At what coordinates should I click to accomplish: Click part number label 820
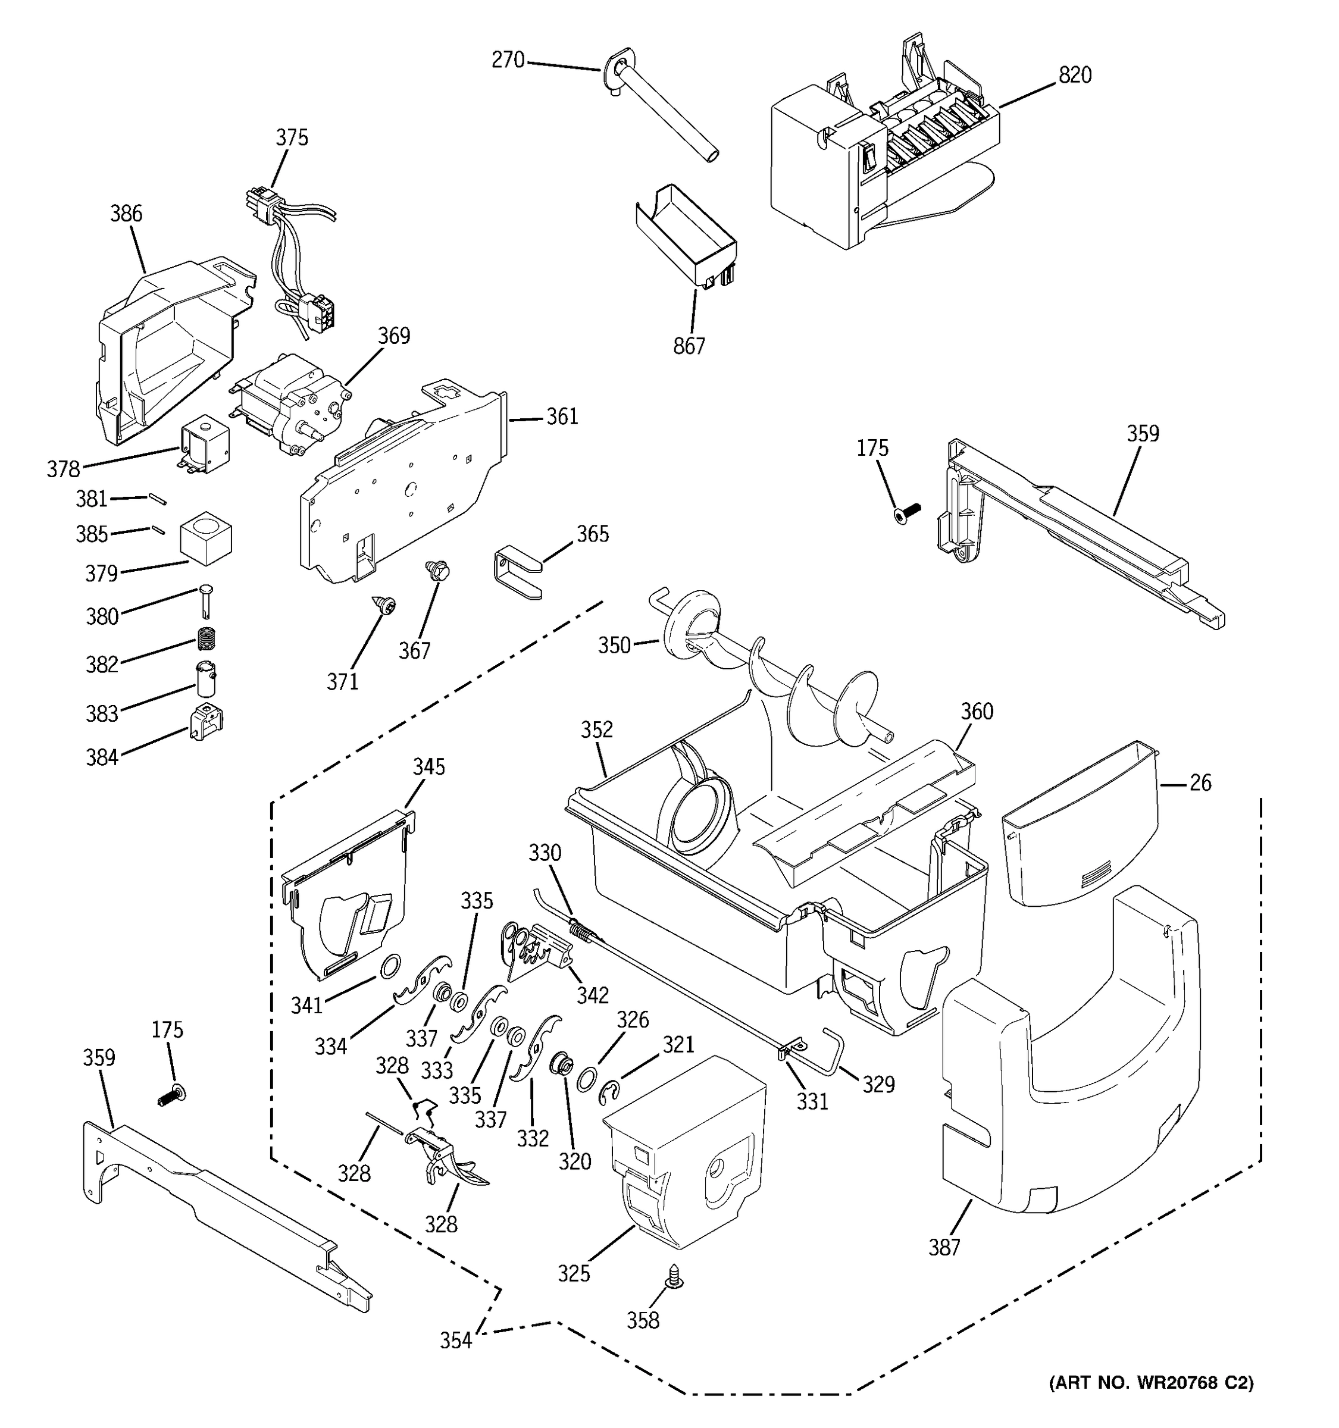(1075, 76)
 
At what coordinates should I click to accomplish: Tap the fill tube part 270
(661, 108)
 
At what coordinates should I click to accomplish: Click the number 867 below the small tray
(689, 346)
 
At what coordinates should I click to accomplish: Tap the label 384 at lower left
(102, 757)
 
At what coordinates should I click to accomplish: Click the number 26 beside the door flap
(1200, 783)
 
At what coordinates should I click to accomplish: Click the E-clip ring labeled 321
(610, 1092)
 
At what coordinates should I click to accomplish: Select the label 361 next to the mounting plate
(562, 417)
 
